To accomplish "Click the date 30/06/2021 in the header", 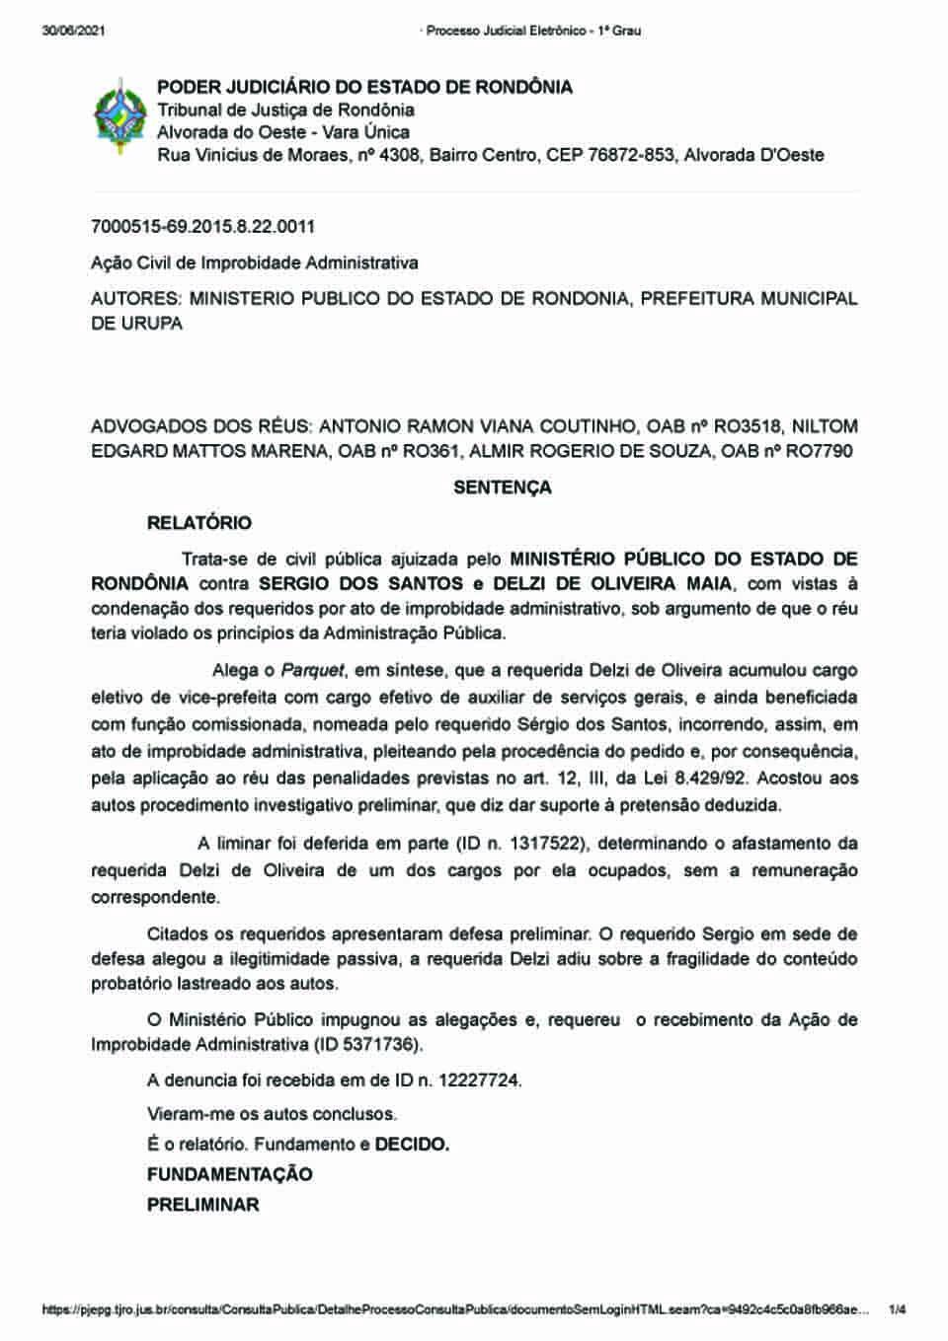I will [73, 31].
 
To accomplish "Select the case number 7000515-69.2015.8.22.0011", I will [202, 227].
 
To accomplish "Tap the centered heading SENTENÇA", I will [502, 487].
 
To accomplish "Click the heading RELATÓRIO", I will [199, 523].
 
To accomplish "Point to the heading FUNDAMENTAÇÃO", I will [229, 1174].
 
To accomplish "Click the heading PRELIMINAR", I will [202, 1205].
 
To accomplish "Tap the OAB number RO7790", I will [819, 452].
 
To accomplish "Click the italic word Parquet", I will [313, 671].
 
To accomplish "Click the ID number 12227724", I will [476, 1080].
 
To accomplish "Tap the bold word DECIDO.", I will [412, 1145].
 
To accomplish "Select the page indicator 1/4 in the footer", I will [897, 1310].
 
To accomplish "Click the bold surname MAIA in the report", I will [712, 584].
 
